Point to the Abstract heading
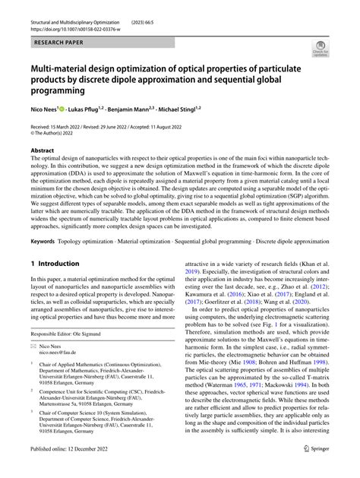click(x=44, y=151)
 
